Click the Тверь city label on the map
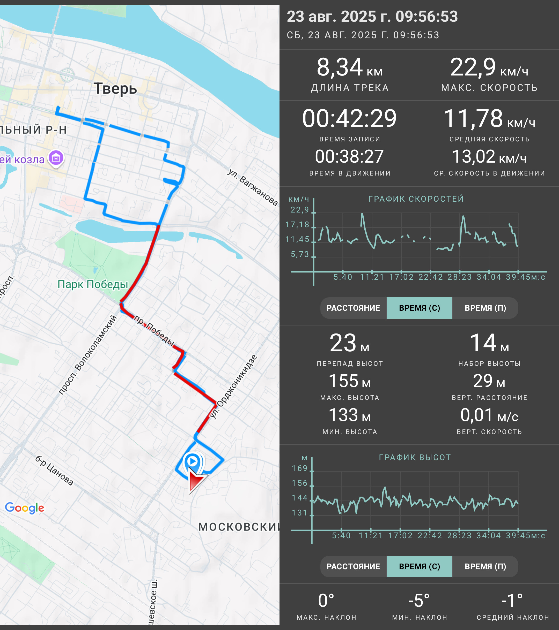pos(115,89)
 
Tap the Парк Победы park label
pos(93,284)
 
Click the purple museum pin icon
pos(56,158)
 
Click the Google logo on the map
pos(25,508)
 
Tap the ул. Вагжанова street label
pos(252,187)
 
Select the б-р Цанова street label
pos(54,471)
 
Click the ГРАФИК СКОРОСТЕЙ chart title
pos(416,199)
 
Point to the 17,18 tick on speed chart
pos(297,225)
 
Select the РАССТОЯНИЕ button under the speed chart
pos(354,308)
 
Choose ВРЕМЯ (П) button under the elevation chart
pos(485,566)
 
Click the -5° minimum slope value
pos(419,601)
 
